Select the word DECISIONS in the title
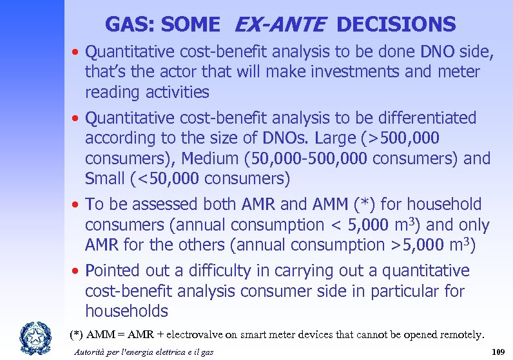pyautogui.click(x=396, y=24)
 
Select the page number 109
pyautogui.click(x=497, y=352)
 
